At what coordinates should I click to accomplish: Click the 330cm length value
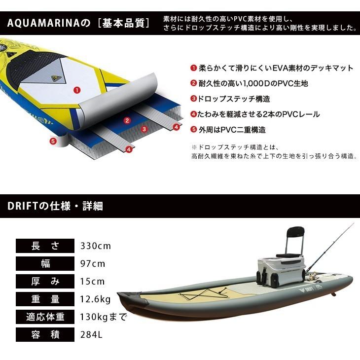(95, 246)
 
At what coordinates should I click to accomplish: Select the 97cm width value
(92, 263)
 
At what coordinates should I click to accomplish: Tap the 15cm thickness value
(92, 282)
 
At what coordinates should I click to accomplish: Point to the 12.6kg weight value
(95, 299)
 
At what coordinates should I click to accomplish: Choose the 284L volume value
(91, 335)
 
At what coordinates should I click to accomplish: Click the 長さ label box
(45, 246)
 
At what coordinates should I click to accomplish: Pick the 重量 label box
(45, 299)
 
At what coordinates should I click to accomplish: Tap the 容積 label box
(45, 335)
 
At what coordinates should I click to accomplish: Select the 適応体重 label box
(45, 317)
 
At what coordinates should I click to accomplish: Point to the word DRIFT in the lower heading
(21, 206)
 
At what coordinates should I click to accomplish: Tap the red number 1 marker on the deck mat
(76, 90)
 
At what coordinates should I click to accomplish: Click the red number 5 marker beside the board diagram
(53, 141)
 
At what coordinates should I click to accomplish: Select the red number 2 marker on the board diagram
(127, 120)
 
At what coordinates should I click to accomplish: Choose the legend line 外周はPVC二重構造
(231, 130)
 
